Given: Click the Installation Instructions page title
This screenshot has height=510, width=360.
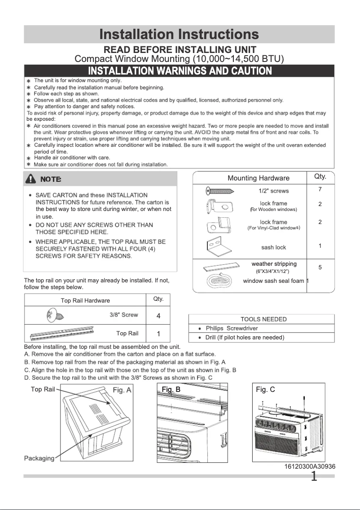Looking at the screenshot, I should point(179,34).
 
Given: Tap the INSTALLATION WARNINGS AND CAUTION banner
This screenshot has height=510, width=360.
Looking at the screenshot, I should point(180,71).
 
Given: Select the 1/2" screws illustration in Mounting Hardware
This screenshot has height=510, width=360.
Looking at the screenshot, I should point(221,191).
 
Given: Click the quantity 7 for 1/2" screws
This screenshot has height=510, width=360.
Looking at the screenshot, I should point(320,189).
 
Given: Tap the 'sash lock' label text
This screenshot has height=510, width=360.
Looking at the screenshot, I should point(273,247).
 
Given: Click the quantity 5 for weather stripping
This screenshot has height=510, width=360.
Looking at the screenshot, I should point(320,268).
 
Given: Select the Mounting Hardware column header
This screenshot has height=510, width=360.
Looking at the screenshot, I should point(258,178).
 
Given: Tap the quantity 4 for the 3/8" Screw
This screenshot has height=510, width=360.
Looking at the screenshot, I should point(158,316).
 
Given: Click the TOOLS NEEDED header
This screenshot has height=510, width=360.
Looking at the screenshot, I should point(263,319).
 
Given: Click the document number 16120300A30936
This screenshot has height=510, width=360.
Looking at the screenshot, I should point(310,466).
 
